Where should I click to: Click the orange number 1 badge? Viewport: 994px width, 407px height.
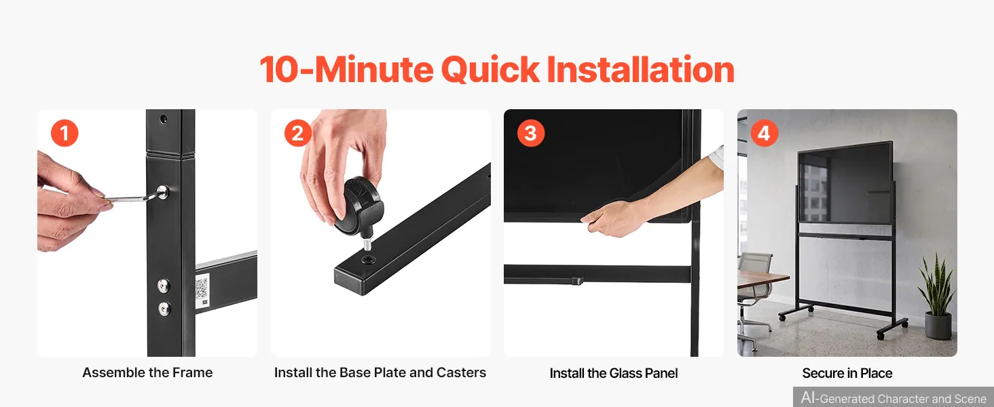click(x=65, y=134)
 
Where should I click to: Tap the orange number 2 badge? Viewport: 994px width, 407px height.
click(x=298, y=134)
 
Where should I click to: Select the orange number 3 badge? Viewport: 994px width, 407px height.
click(x=531, y=134)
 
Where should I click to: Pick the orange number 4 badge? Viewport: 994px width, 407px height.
click(x=764, y=134)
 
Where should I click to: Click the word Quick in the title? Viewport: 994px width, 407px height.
click(x=490, y=70)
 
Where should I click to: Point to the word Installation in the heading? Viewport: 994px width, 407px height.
click(x=640, y=69)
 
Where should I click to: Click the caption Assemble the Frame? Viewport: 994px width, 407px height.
click(x=147, y=372)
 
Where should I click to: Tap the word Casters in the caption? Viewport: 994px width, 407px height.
click(x=461, y=372)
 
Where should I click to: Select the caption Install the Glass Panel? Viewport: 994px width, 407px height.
click(x=614, y=373)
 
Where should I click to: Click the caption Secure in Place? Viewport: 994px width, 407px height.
click(x=847, y=373)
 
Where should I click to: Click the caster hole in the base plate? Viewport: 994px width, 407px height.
click(x=368, y=260)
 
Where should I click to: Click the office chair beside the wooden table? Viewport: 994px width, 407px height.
click(x=754, y=297)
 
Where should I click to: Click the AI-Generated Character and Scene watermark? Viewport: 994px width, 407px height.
click(x=894, y=398)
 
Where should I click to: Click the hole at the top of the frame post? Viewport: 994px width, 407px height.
click(x=164, y=119)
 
